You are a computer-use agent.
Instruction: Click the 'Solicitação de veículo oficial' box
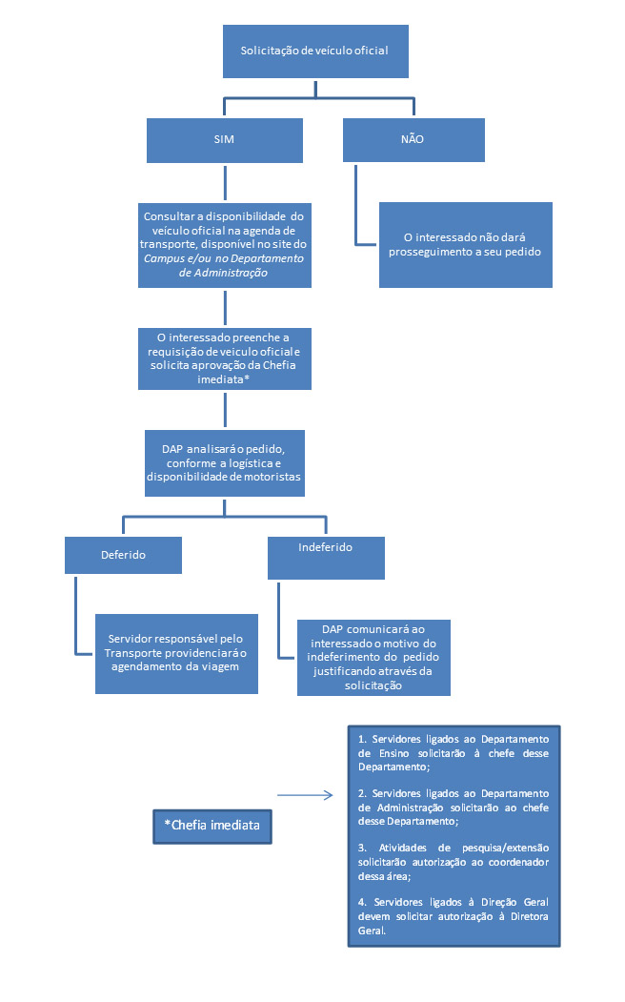click(314, 50)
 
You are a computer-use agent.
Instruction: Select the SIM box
click(225, 139)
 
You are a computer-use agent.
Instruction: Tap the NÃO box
click(413, 139)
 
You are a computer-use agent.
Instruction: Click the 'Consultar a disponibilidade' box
click(225, 244)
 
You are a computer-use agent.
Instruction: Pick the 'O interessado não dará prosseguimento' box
click(465, 244)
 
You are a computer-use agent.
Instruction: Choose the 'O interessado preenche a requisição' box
click(225, 357)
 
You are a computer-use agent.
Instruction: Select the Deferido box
click(123, 555)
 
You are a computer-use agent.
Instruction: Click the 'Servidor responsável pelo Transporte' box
click(177, 652)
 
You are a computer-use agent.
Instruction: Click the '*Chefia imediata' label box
click(212, 826)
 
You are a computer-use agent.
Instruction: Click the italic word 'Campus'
click(163, 258)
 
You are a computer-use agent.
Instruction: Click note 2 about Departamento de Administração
click(454, 807)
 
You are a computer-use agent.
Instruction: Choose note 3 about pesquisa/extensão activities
click(454, 861)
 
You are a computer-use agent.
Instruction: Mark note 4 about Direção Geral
click(454, 916)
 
